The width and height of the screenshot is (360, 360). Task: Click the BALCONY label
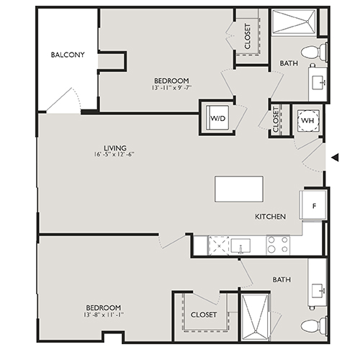point(68,55)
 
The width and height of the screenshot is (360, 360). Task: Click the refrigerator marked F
point(315,204)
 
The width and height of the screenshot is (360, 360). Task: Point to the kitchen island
point(238,188)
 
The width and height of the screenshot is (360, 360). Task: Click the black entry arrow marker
point(333,158)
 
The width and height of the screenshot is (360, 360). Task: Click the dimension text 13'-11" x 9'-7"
point(171,88)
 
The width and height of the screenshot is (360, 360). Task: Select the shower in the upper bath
point(295,22)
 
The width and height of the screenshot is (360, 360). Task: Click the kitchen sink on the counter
point(240,246)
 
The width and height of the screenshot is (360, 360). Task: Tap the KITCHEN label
point(271,217)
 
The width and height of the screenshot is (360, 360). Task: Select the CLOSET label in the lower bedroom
point(204,315)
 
